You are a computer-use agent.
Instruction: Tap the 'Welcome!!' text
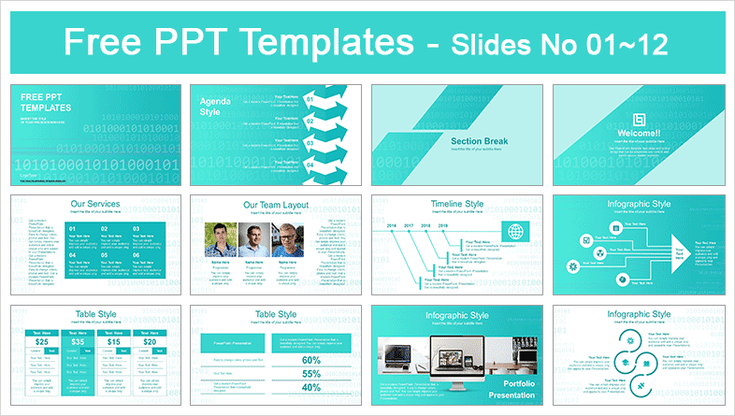click(640, 134)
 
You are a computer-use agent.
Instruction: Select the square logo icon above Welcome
click(640, 119)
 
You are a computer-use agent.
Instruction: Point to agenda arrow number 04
click(309, 165)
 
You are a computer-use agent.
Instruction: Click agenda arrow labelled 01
click(309, 98)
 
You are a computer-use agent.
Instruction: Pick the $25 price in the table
click(42, 343)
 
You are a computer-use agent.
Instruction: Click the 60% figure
click(310, 360)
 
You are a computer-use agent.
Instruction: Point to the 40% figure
click(310, 388)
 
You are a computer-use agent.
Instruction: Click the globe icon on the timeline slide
click(515, 233)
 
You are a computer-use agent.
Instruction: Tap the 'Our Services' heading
click(97, 205)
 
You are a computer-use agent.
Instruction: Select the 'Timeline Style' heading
click(458, 205)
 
